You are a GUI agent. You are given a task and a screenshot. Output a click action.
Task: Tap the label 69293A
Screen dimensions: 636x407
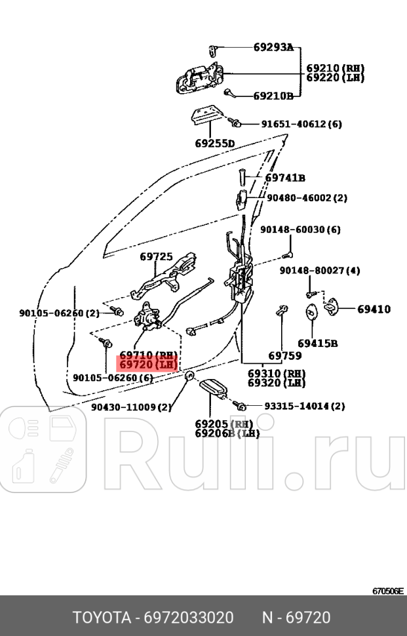(273, 47)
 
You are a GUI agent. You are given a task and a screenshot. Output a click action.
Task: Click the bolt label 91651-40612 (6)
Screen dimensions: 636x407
(301, 124)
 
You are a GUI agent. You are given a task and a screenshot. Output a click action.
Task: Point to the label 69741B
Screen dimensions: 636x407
(285, 178)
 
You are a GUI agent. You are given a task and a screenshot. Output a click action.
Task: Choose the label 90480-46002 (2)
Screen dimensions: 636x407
(307, 197)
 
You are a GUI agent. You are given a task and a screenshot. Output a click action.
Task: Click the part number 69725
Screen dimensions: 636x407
(156, 257)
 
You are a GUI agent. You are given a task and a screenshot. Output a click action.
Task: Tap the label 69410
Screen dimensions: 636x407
(374, 309)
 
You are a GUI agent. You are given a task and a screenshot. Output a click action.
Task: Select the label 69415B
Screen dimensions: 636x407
(317, 343)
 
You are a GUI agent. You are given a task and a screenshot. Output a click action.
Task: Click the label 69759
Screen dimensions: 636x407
(285, 356)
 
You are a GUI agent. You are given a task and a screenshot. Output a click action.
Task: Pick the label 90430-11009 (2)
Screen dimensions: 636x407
(131, 407)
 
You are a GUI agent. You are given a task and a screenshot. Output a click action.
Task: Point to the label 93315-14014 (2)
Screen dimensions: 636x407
(304, 407)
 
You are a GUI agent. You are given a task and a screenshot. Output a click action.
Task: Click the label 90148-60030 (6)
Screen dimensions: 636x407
(300, 229)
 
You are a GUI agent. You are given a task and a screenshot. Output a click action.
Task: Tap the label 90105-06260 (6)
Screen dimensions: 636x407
(113, 378)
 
